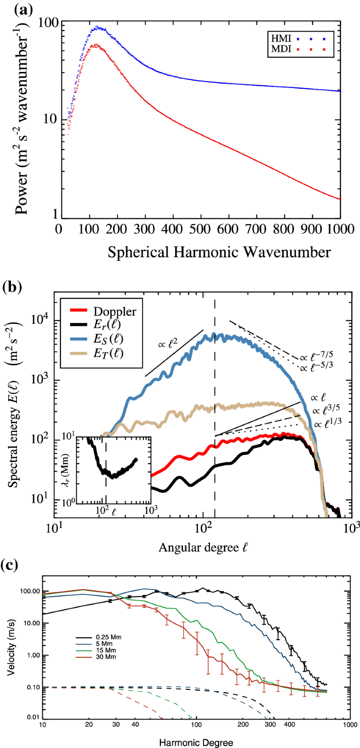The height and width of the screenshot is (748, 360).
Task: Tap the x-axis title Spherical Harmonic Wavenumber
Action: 219,252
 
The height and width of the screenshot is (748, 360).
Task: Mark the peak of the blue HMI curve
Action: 97,27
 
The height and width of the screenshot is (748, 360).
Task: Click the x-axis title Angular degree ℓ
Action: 203,547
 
